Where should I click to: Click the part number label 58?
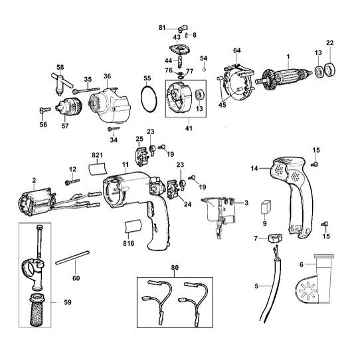click(60, 67)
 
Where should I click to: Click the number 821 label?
click(97, 155)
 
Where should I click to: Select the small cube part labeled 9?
click(266, 207)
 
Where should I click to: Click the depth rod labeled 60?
click(72, 258)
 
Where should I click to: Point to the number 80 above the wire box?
click(175, 268)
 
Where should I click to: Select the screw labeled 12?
click(72, 181)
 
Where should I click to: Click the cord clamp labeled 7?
click(275, 238)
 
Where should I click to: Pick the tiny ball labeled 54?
click(204, 70)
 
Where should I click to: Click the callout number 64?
click(237, 50)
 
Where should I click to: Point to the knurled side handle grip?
click(37, 310)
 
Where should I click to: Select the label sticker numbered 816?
click(132, 226)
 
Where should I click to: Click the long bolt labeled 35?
click(86, 90)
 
